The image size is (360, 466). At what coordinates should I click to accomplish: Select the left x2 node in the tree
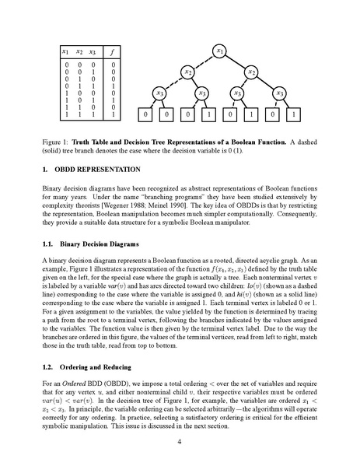(188, 72)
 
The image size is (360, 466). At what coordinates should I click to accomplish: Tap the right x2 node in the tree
(251, 72)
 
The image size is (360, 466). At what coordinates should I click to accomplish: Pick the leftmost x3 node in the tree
(160, 94)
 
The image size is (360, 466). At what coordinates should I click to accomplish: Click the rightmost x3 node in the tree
(280, 94)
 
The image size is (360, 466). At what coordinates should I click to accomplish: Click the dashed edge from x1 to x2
(204, 61)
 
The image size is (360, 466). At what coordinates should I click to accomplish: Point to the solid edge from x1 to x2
(236, 61)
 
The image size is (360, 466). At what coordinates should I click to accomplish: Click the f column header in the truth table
(114, 52)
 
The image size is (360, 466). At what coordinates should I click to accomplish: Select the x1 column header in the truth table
(67, 52)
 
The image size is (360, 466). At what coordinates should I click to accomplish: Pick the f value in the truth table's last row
(114, 114)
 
